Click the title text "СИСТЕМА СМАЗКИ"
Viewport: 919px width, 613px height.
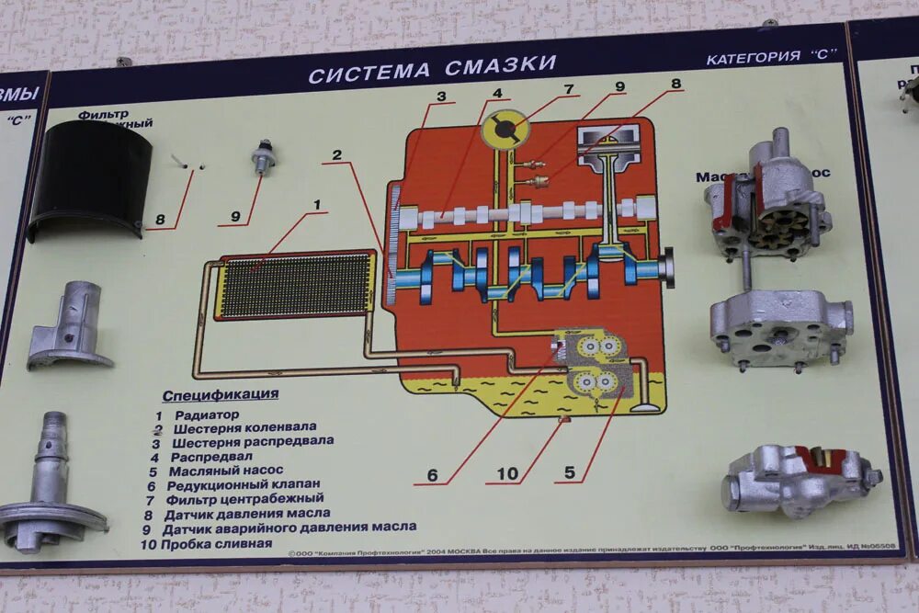(x=432, y=68)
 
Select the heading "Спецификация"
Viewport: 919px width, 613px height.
(x=220, y=395)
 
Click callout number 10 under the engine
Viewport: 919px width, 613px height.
(x=507, y=474)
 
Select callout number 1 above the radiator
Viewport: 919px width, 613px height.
(x=317, y=204)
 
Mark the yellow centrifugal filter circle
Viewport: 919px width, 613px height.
(x=506, y=128)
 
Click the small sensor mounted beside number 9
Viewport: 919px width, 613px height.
(x=263, y=158)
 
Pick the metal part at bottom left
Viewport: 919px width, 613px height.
(x=51, y=487)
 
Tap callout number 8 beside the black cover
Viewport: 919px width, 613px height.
(x=160, y=220)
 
